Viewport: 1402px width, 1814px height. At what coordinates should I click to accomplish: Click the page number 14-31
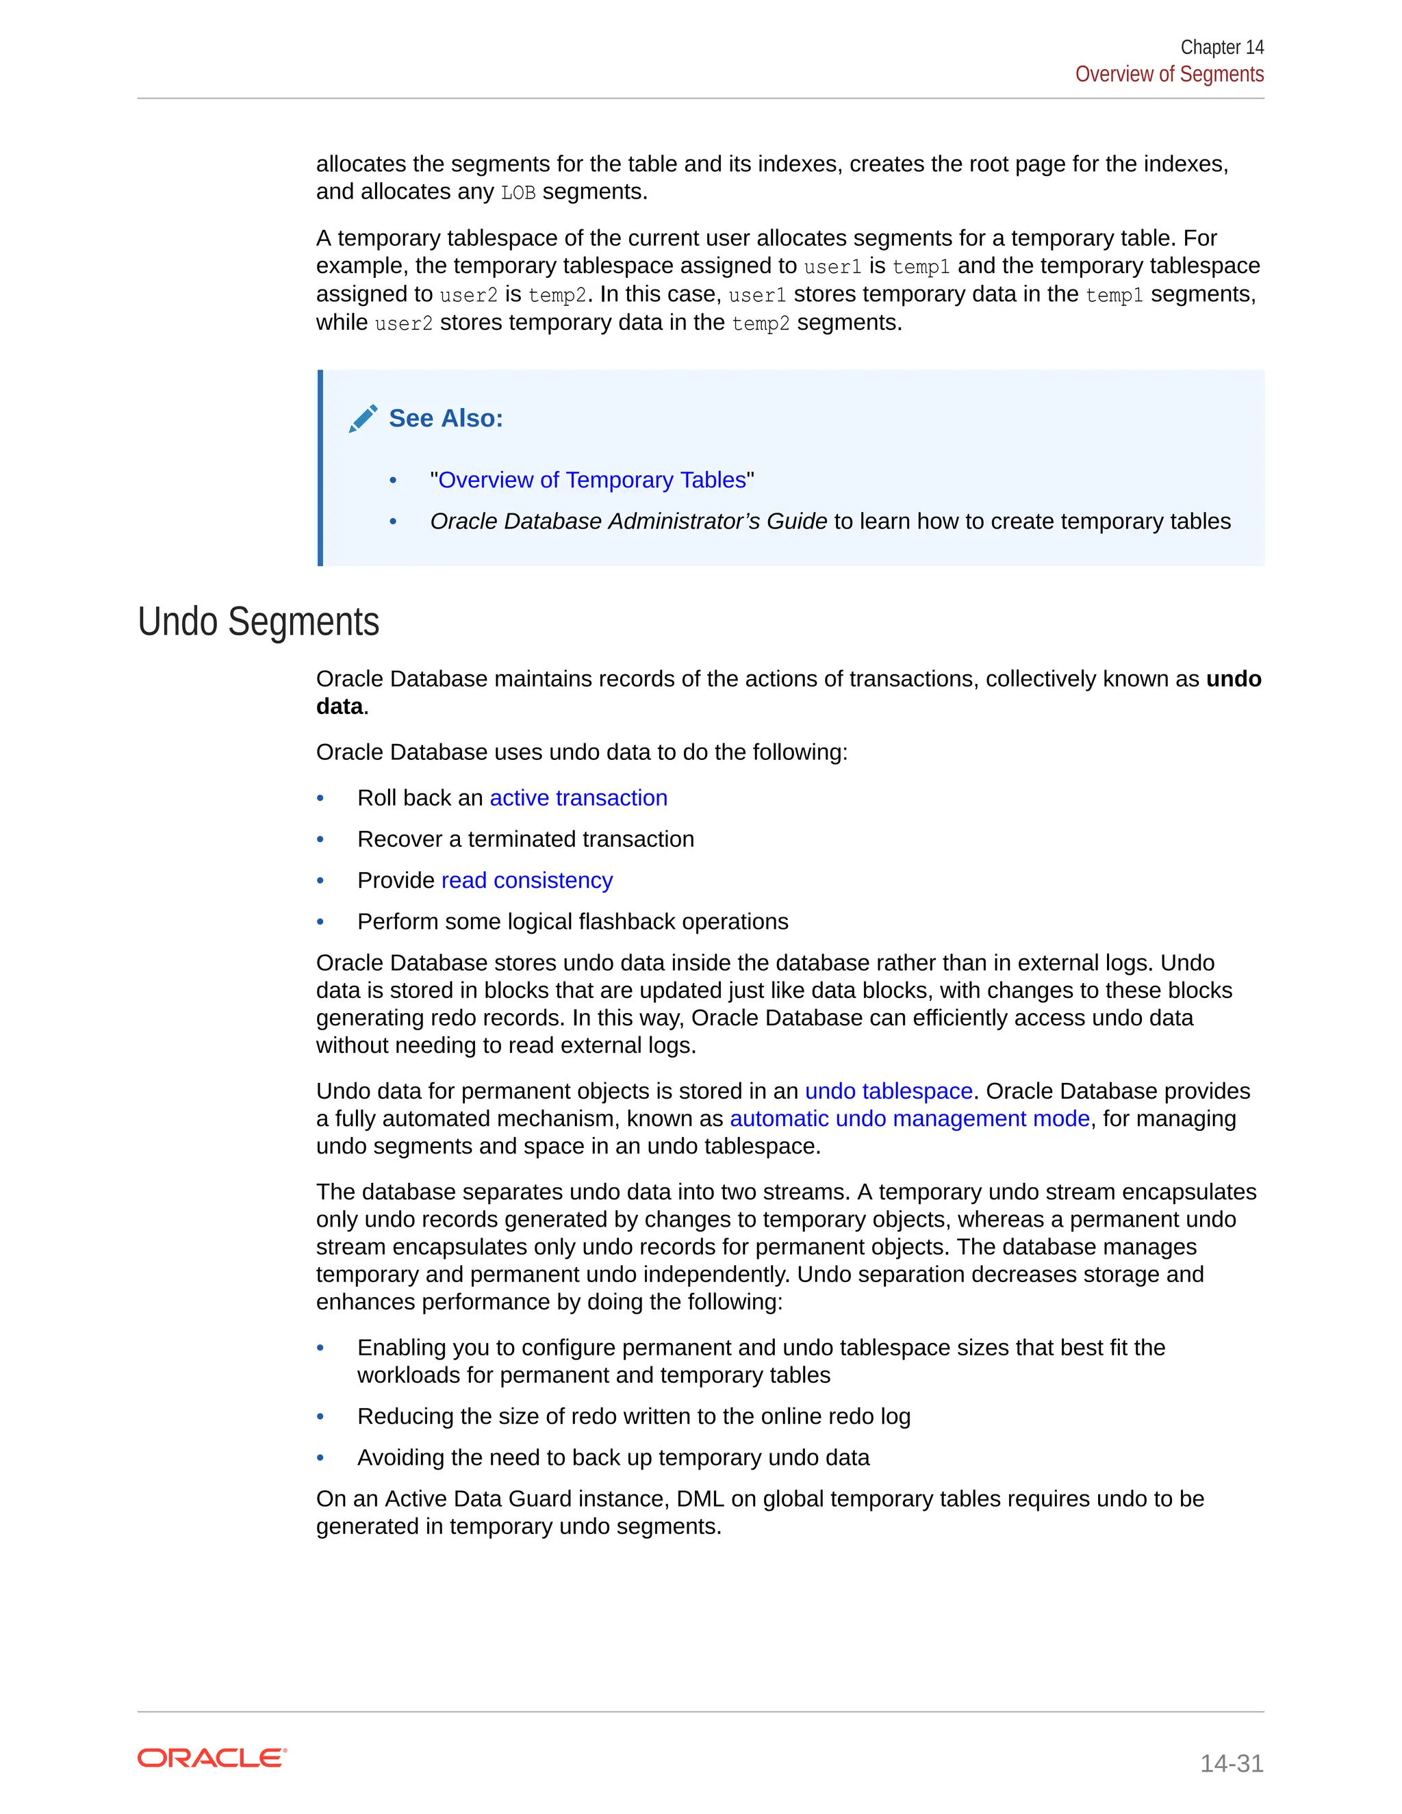[1231, 1763]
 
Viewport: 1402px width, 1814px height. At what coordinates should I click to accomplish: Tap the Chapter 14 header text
[1221, 47]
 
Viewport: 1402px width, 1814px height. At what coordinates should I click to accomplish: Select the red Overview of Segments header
[1169, 75]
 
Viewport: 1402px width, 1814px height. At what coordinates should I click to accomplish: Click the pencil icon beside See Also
[363, 419]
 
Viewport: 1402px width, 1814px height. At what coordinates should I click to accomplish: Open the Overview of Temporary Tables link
[591, 480]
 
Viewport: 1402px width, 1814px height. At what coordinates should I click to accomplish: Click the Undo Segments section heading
[258, 622]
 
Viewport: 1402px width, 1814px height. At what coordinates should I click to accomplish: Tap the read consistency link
[526, 880]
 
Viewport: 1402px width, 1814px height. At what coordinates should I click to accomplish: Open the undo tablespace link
[888, 1091]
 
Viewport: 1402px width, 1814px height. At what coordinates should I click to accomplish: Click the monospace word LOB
[518, 193]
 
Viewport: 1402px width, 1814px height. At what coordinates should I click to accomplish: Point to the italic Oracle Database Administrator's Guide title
[628, 522]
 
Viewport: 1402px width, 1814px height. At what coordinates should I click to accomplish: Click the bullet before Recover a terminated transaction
[320, 840]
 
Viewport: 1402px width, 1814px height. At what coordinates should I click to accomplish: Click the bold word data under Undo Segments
[340, 707]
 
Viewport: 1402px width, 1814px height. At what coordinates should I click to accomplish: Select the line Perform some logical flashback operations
[572, 922]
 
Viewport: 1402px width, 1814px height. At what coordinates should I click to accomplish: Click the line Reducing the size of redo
[634, 1416]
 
